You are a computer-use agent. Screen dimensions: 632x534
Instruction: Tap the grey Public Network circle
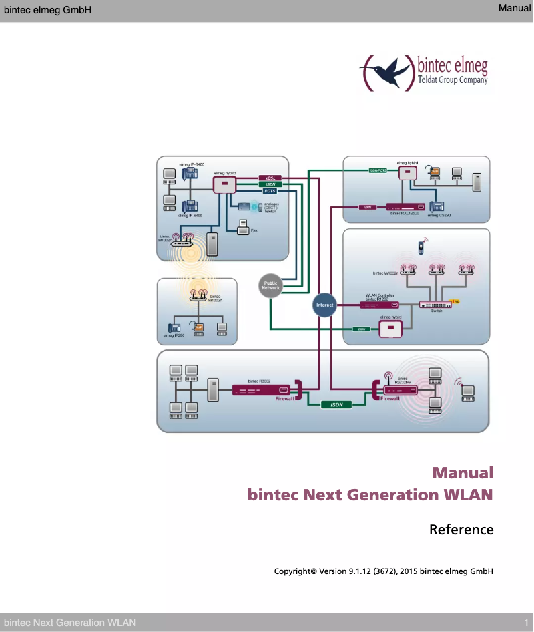click(270, 285)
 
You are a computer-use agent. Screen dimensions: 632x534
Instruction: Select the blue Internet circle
click(324, 305)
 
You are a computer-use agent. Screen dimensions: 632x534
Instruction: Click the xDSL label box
click(270, 178)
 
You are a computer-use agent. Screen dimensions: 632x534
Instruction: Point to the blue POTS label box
click(270, 191)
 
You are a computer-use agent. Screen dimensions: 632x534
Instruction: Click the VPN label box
click(365, 207)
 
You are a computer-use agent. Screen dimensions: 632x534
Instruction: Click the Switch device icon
click(435, 305)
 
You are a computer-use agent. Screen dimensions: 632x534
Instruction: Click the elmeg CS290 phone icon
click(438, 206)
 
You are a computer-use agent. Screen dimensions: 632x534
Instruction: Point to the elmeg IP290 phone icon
click(174, 327)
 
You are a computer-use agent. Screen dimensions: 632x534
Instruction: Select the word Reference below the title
click(461, 530)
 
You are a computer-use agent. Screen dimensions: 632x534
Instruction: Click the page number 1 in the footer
click(525, 623)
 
